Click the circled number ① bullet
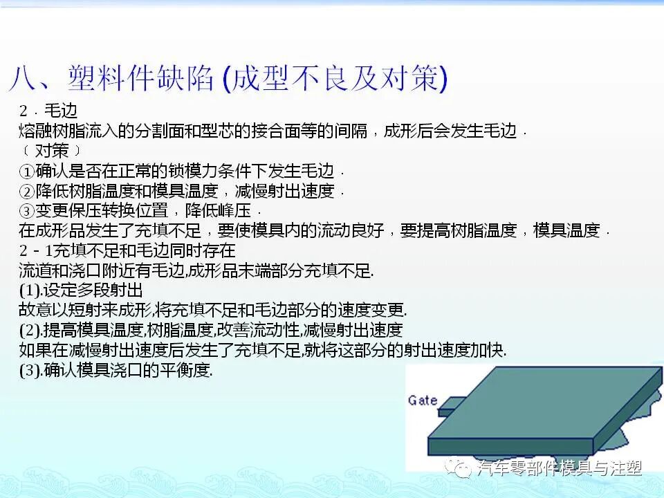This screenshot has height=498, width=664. point(26,171)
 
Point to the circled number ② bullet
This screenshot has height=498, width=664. point(26,191)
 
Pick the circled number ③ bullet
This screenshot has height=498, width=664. point(26,211)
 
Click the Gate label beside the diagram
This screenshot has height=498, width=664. point(423,400)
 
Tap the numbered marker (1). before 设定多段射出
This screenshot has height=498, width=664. point(30,290)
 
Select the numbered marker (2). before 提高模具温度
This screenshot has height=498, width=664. point(30,330)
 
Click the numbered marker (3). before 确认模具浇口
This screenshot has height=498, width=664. point(30,370)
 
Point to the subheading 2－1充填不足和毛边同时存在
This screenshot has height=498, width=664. point(127,250)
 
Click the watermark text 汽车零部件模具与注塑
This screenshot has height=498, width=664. point(560,468)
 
